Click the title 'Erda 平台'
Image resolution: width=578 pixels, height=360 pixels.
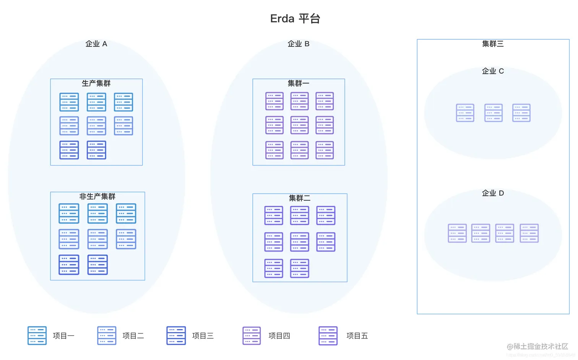295,19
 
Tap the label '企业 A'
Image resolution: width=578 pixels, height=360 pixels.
96,44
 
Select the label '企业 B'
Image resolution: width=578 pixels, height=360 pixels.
299,44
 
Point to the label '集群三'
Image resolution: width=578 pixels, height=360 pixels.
493,44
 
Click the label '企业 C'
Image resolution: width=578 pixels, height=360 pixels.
493,71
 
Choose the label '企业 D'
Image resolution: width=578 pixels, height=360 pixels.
493,193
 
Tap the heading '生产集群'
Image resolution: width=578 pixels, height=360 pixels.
96,83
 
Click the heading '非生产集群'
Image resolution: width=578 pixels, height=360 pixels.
97,196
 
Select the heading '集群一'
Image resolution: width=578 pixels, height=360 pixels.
299,83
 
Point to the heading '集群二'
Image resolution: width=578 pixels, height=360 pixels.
300,198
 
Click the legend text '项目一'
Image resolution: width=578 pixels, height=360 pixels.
63,336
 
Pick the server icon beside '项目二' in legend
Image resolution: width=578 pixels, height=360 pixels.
107,336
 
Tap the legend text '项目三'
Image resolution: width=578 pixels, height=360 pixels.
203,336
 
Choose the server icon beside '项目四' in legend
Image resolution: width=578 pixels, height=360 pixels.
252,336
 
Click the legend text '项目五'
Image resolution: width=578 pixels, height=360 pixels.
357,336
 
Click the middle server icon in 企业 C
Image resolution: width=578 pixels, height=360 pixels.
494,113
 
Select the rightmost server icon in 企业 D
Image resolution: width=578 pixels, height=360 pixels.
529,233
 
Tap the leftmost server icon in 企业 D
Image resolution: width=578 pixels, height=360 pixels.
457,233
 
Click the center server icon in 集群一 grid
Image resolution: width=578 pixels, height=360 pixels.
299,125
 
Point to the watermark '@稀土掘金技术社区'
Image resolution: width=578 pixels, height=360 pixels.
537,347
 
